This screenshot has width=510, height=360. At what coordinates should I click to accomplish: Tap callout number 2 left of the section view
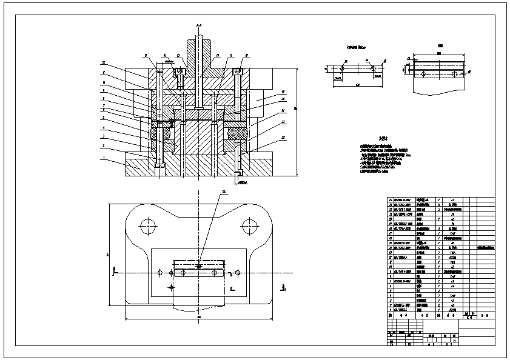(104, 146)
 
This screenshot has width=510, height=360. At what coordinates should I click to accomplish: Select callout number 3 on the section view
(104, 138)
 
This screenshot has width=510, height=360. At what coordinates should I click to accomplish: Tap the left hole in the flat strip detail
(342, 69)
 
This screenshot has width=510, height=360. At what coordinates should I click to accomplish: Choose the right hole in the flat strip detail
(375, 69)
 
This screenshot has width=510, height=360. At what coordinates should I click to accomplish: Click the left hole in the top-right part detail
(421, 73)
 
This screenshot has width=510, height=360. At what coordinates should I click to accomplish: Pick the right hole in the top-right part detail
(454, 73)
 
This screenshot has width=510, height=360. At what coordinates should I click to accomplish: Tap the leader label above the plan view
(224, 191)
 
